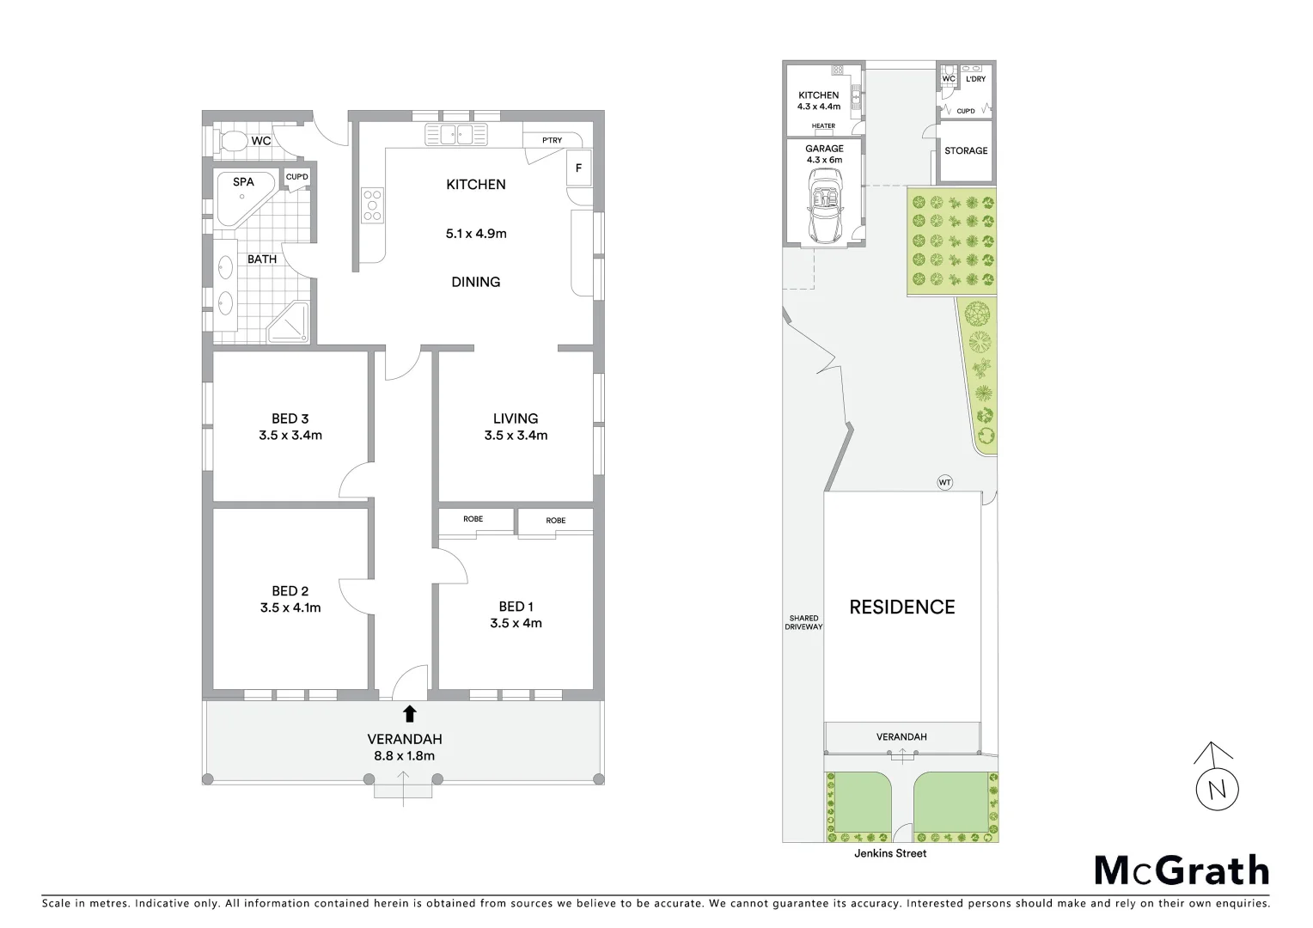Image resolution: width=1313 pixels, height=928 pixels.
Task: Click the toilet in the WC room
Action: (230, 141)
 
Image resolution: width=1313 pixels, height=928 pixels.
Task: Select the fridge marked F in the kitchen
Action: (578, 168)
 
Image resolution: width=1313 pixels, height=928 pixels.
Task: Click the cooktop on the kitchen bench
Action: (372, 206)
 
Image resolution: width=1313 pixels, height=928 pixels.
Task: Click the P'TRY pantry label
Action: (552, 141)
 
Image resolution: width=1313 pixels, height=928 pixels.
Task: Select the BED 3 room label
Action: (290, 418)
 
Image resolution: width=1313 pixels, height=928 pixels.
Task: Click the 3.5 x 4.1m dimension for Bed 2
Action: (290, 607)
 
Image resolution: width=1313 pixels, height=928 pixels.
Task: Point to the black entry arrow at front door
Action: (410, 713)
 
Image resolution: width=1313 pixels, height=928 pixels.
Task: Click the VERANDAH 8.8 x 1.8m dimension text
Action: (404, 756)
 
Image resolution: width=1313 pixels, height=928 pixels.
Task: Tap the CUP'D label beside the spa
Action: (296, 177)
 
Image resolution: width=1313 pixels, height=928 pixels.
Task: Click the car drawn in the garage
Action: (824, 205)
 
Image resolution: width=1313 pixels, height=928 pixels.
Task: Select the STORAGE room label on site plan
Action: (966, 150)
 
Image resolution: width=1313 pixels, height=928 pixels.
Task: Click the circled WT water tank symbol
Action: (944, 483)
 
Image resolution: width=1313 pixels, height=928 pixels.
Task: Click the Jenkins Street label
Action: (890, 853)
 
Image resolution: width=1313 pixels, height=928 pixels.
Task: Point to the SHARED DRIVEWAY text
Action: (803, 622)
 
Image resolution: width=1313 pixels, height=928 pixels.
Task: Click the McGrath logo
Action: (1181, 870)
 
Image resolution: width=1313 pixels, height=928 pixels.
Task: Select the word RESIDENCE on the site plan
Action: (901, 607)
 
